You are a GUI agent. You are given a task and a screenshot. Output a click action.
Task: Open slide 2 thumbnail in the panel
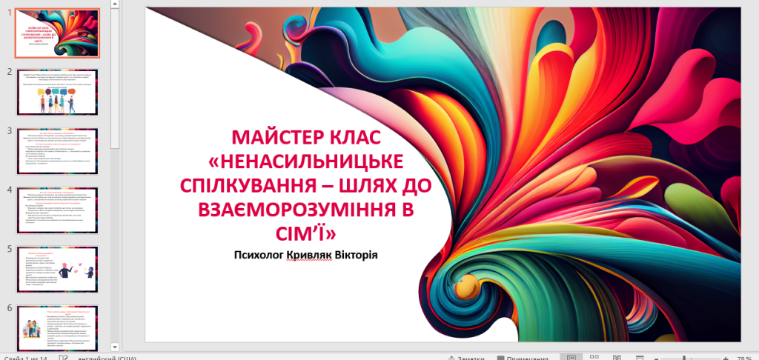(x=58, y=93)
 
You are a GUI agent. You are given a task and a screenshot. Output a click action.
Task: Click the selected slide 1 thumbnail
(x=58, y=33)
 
